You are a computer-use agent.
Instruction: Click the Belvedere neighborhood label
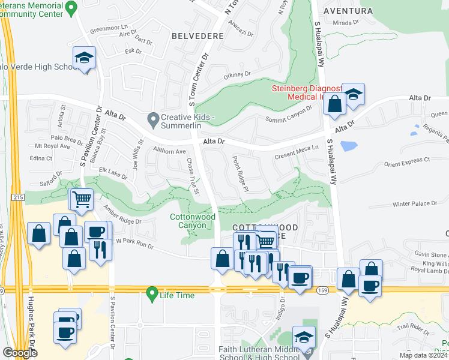pyautogui.click(x=197, y=36)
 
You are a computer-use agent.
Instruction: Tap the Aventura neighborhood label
pyautogui.click(x=348, y=11)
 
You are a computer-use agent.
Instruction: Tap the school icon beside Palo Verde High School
pyautogui.click(x=84, y=58)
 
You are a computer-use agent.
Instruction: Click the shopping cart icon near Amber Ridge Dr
pyautogui.click(x=82, y=199)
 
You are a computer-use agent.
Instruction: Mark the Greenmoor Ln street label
pyautogui.click(x=109, y=28)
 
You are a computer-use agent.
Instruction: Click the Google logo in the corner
pyautogui.click(x=20, y=353)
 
